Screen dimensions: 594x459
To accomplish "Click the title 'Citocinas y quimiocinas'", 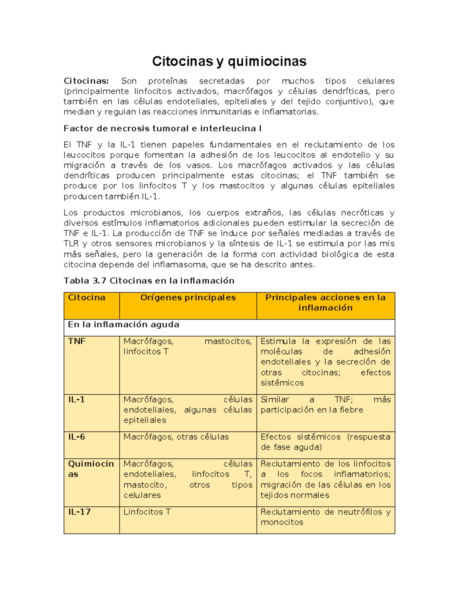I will (x=229, y=61).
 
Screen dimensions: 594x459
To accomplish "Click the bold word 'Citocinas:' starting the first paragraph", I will (x=86, y=81).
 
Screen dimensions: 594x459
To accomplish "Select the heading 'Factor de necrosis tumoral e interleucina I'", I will (x=163, y=129).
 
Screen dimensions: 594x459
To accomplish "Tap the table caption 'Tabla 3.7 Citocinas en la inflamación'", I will (x=149, y=281).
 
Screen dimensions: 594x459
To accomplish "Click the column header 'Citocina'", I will (x=86, y=298).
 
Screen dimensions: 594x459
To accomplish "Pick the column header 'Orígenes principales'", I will (x=188, y=298).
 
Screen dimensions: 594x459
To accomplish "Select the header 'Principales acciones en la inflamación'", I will (x=325, y=303).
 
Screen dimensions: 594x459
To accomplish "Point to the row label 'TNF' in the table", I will (x=76, y=341).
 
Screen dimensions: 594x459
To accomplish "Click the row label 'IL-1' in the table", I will (x=76, y=400).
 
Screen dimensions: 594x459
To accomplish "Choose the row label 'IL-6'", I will (x=76, y=437).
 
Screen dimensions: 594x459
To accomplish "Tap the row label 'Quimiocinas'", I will (x=91, y=469).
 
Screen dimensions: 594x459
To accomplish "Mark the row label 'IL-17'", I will (x=79, y=512).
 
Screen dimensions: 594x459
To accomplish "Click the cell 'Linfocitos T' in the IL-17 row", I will (x=147, y=512).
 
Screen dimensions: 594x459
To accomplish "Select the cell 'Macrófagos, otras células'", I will (x=176, y=437).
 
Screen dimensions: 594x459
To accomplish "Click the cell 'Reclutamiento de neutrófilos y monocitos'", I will (x=325, y=517).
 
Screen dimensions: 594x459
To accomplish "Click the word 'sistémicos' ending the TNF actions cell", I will (x=282, y=383).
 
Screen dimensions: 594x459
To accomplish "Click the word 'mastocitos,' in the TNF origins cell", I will (x=228, y=341).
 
